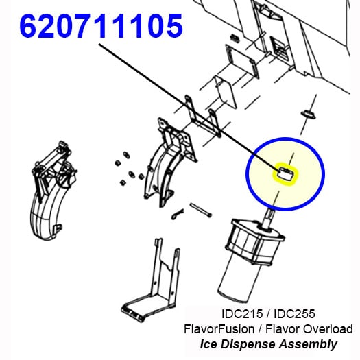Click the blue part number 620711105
click(101, 25)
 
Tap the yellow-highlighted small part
click(285, 173)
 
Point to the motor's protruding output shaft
click(269, 218)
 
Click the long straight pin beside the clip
click(200, 210)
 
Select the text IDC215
click(242, 314)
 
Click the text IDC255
click(294, 314)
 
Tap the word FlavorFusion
click(219, 328)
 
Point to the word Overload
click(328, 328)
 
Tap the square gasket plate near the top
click(241, 61)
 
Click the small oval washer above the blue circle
click(309, 115)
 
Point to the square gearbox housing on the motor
click(254, 244)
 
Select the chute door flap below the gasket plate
click(225, 92)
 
